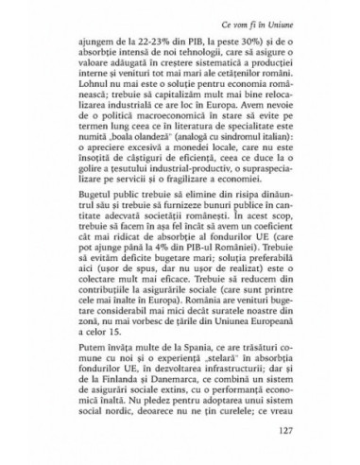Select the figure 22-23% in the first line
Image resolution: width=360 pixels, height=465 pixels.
click(x=151, y=43)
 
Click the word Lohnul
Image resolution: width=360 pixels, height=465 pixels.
click(x=101, y=99)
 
